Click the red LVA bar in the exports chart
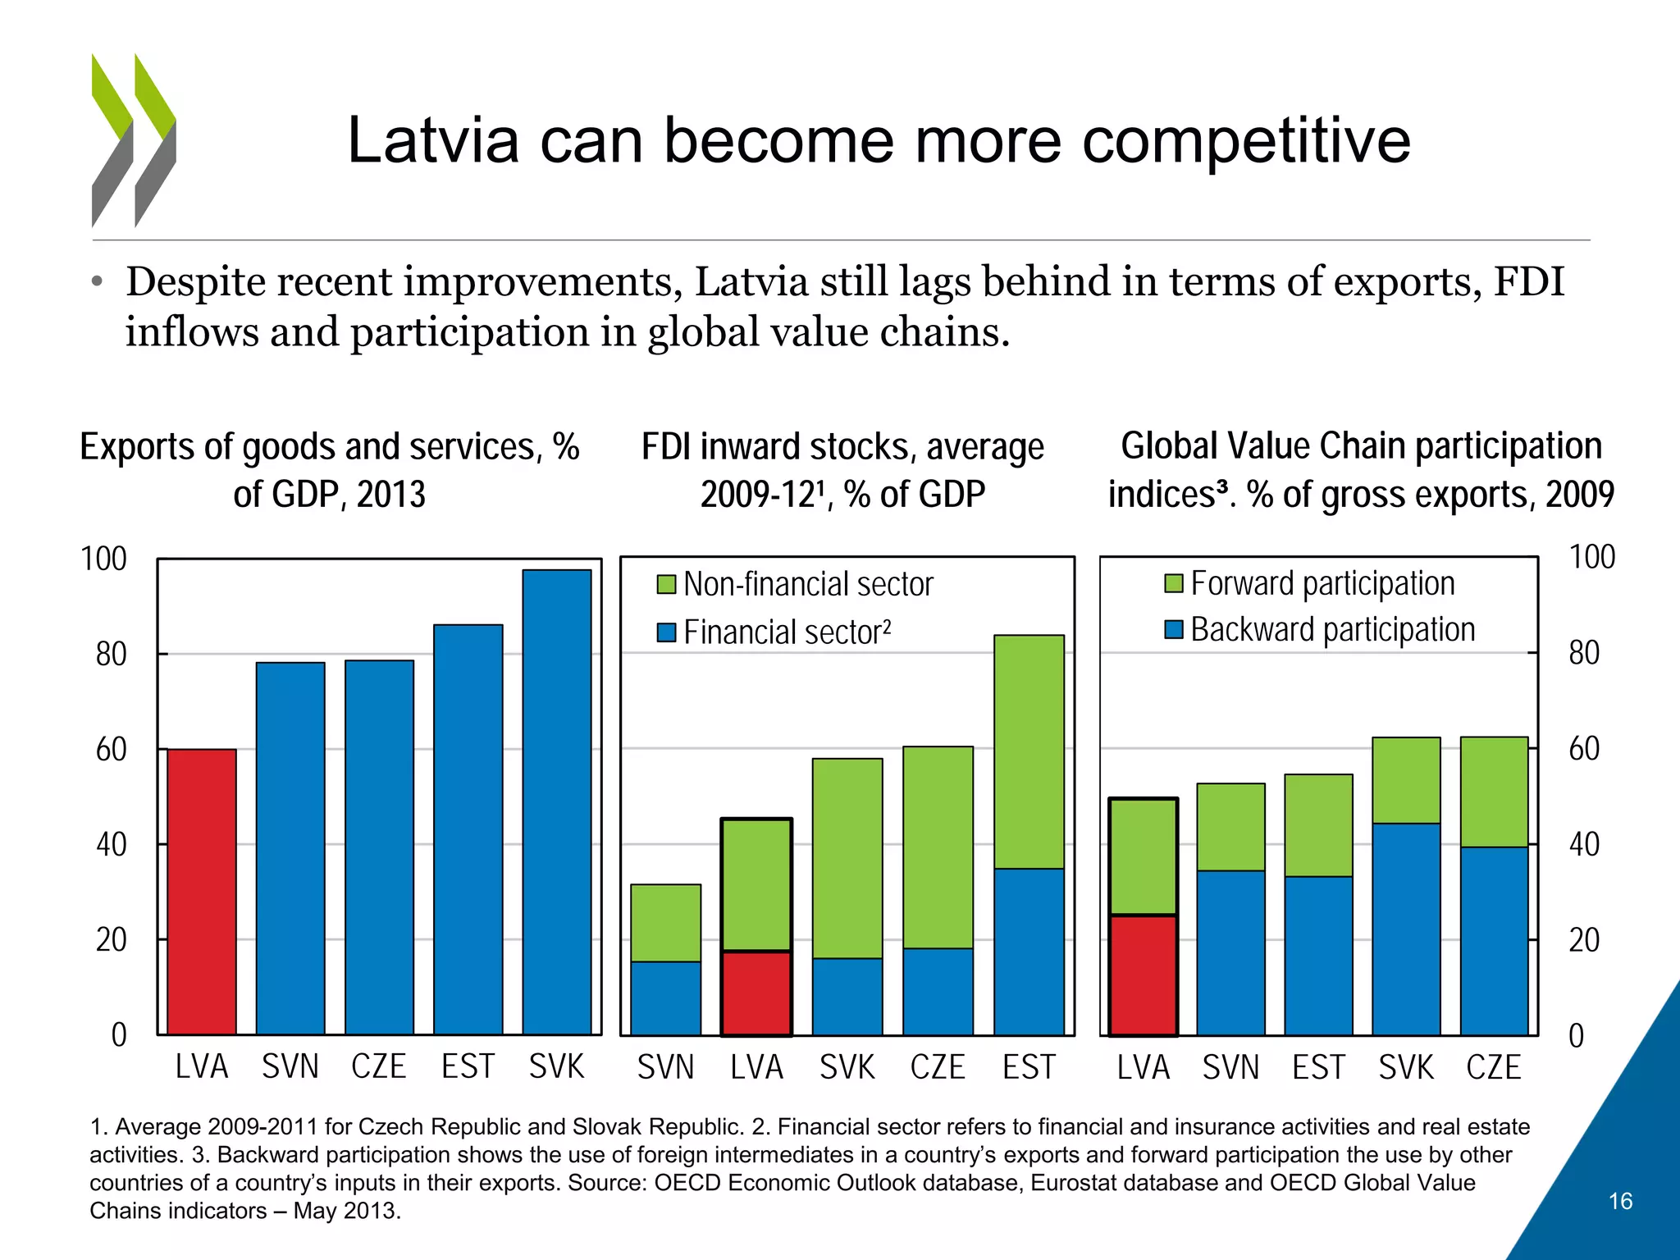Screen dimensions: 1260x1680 click(202, 892)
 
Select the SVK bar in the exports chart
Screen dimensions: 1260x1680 click(557, 801)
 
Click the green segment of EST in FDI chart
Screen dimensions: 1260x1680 click(1029, 751)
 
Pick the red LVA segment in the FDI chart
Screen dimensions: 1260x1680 click(756, 993)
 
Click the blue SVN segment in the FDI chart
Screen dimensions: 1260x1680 click(665, 997)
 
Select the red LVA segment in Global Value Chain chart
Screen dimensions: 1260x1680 click(1143, 975)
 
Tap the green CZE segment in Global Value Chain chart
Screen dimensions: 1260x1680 click(1494, 792)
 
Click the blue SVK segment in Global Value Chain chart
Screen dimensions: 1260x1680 click(1406, 929)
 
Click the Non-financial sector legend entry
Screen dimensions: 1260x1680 click(796, 585)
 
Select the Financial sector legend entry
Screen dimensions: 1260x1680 click(774, 632)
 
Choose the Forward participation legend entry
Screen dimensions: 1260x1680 click(1310, 583)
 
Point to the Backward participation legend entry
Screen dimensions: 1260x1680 click(1320, 630)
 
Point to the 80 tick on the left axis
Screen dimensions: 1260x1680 click(111, 655)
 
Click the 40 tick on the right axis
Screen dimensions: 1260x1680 click(1584, 844)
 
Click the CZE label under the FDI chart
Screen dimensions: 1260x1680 click(938, 1067)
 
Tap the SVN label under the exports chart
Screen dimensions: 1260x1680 click(290, 1066)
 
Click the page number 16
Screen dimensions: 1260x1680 click(1620, 1201)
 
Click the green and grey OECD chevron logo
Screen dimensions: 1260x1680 click(134, 140)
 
